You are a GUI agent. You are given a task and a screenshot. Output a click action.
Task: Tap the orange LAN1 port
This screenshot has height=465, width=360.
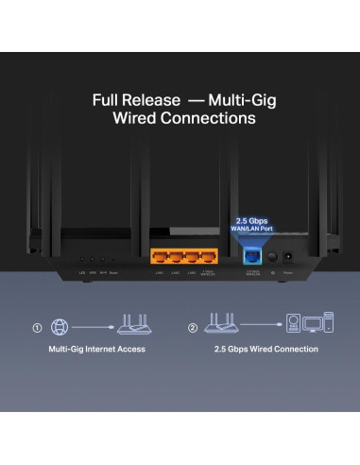[161, 256]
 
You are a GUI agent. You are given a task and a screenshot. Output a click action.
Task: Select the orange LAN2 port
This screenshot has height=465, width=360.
[180, 256]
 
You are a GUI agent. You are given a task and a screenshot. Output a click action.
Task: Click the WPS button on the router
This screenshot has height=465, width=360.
[92, 258]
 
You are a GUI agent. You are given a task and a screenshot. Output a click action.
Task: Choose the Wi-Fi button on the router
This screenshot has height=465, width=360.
[102, 258]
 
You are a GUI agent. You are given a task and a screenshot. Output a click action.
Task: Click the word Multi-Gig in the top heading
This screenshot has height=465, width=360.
[224, 99]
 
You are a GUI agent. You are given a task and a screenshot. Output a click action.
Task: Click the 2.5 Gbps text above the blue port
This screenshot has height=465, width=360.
[252, 220]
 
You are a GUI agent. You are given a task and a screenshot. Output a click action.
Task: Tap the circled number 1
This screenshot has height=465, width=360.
[39, 328]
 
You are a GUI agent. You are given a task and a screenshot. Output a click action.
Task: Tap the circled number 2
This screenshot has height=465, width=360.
[193, 328]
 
